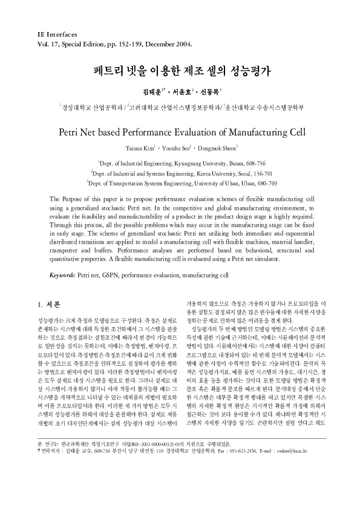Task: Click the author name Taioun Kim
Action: (x=141, y=148)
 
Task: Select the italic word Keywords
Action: (x=62, y=274)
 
